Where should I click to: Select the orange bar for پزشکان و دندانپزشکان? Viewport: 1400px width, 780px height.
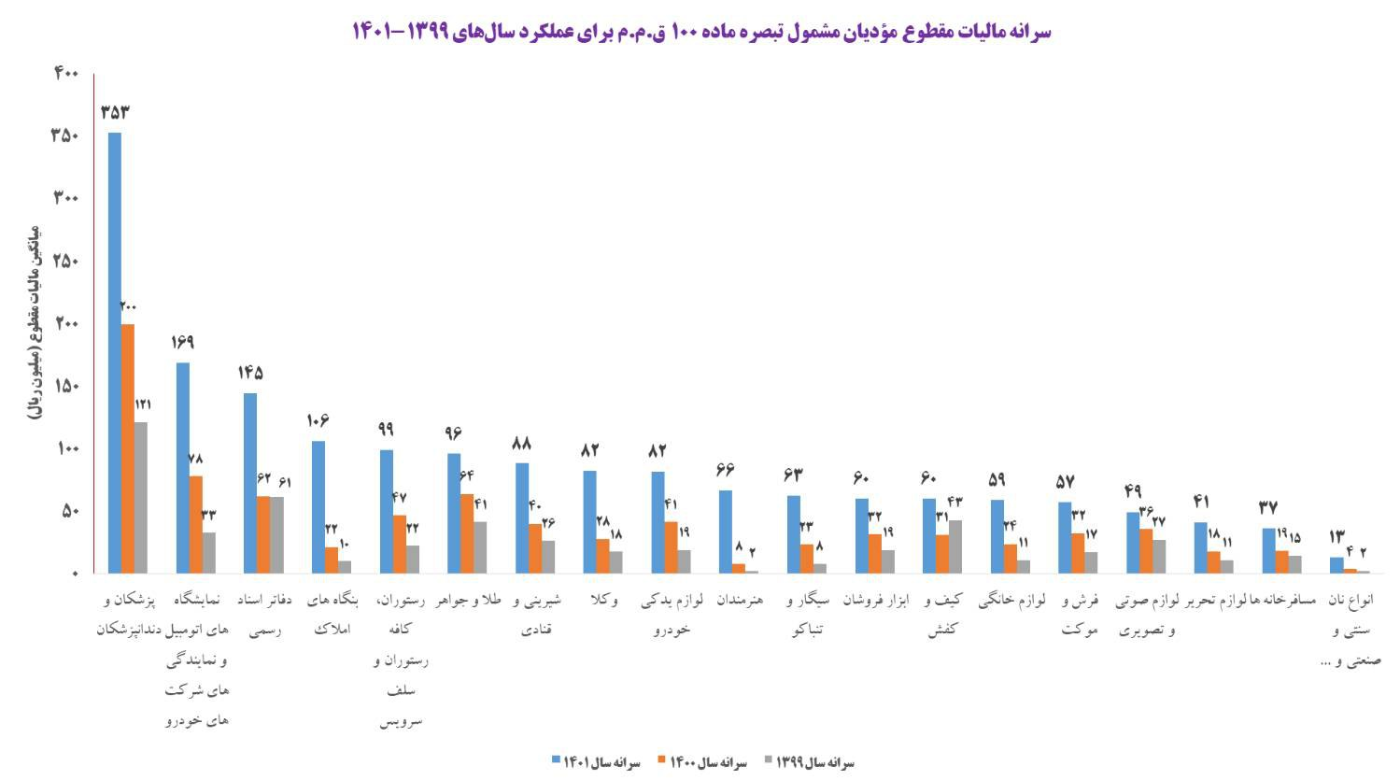tap(128, 448)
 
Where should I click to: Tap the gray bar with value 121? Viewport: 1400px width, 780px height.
tap(141, 497)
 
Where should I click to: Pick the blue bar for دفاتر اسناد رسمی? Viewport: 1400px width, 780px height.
tap(250, 483)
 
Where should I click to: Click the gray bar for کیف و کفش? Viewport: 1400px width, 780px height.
tap(955, 546)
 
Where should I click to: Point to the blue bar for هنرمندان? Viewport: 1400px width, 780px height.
tap(726, 532)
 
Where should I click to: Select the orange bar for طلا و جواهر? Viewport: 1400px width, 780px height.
tap(467, 533)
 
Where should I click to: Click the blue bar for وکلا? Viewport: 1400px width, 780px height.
tap(589, 521)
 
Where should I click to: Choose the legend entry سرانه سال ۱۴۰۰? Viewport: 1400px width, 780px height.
tap(702, 762)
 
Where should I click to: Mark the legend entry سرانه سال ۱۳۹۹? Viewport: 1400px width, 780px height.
tap(809, 762)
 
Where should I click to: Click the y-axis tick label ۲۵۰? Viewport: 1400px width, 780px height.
tap(66, 261)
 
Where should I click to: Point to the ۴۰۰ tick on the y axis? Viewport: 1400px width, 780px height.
tap(66, 73)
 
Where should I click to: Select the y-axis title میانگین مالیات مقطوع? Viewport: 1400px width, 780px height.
tap(35, 322)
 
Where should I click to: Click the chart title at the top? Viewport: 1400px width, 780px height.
tap(701, 32)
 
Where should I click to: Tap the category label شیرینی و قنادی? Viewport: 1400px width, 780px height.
tap(536, 615)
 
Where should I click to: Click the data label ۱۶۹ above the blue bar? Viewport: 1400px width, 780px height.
tap(182, 342)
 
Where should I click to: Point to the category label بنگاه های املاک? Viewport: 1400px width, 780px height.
tap(332, 615)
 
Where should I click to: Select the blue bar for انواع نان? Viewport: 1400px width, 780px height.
tap(1336, 565)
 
